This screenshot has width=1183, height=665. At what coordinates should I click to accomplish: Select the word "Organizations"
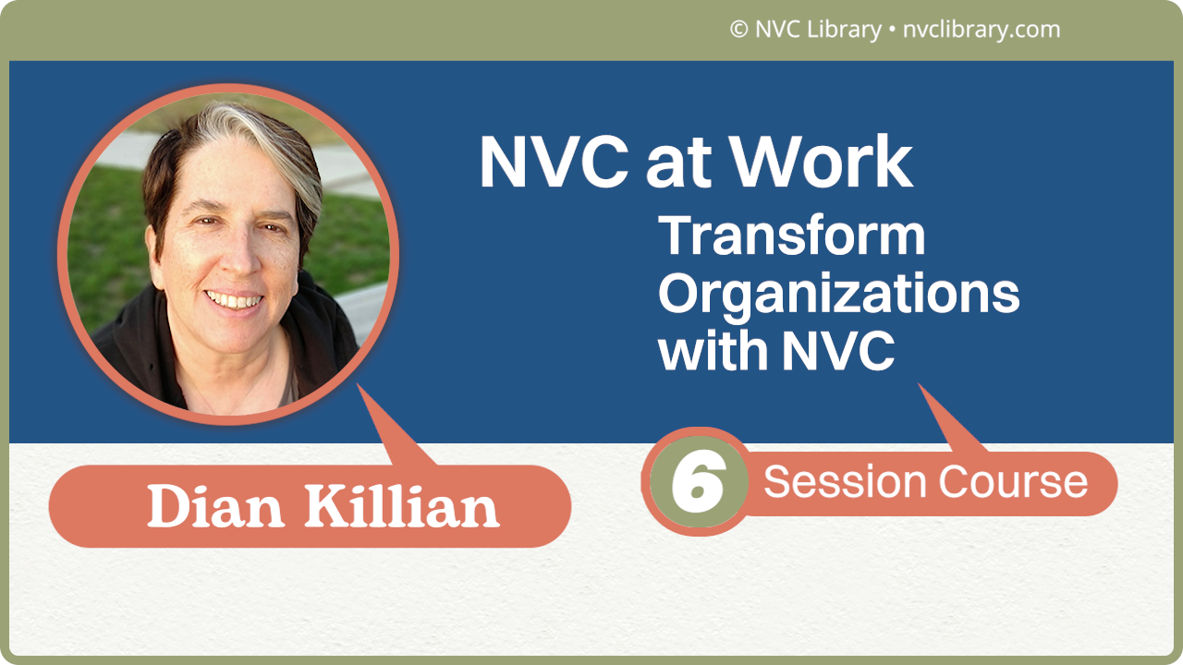838,295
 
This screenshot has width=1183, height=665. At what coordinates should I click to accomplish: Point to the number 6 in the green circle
696,482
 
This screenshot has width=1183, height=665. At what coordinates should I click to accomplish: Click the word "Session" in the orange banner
845,482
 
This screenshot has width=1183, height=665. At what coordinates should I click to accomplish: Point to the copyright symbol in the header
738,30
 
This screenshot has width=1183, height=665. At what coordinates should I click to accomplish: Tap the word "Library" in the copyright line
844,30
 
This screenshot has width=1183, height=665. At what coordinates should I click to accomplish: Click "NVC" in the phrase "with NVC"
838,352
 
